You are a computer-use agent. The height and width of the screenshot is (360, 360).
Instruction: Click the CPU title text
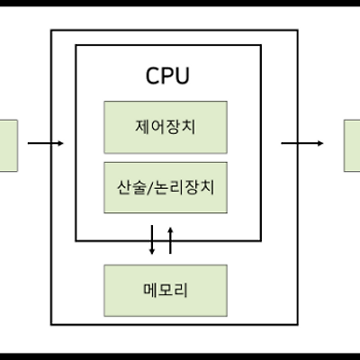(167, 76)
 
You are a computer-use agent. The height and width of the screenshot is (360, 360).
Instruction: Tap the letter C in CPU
(152, 76)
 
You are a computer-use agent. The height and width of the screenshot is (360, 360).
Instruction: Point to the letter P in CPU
(167, 76)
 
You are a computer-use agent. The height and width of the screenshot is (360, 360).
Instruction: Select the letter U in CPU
(183, 76)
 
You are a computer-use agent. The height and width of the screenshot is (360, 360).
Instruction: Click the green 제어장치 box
(166, 128)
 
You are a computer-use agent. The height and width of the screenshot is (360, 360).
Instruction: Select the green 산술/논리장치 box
(166, 187)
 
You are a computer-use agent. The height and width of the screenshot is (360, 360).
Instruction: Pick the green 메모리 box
(166, 291)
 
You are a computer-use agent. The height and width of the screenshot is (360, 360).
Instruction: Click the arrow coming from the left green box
(46, 143)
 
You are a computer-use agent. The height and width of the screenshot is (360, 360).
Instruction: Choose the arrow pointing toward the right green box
(302, 143)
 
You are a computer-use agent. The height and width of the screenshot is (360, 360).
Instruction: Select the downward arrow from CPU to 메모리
(152, 240)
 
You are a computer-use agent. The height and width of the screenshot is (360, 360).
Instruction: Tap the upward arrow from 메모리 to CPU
(170, 240)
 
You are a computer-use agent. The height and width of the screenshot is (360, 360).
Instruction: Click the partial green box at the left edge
(9, 146)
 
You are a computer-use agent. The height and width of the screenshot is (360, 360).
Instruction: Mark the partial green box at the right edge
(352, 146)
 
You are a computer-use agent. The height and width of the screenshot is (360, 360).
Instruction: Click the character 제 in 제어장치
(143, 127)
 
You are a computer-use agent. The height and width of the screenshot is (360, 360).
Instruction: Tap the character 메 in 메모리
(151, 290)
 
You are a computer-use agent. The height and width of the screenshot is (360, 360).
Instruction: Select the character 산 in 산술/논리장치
(124, 187)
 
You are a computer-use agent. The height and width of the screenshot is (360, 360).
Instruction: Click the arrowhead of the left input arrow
(61, 143)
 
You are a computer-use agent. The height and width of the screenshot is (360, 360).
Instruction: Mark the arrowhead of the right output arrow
(320, 143)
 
